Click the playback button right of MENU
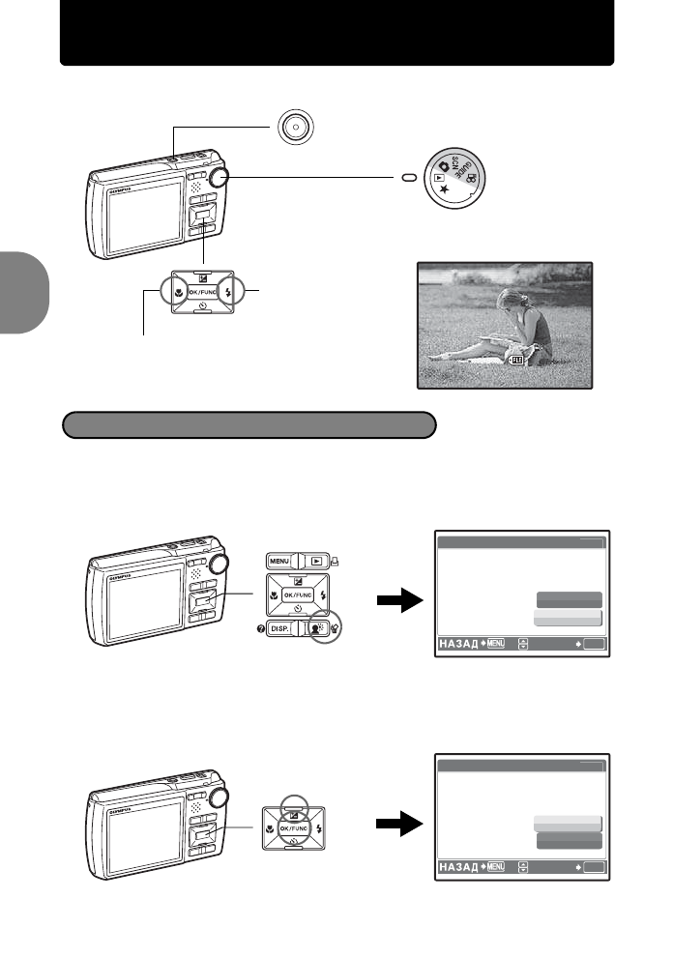click(315, 560)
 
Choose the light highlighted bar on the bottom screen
click(567, 823)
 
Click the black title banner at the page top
click(336, 33)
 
